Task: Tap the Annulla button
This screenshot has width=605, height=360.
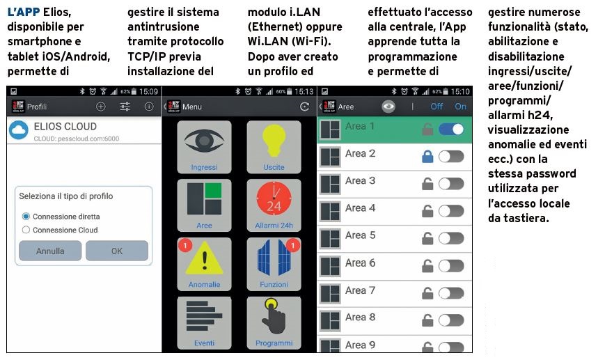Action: coord(50,251)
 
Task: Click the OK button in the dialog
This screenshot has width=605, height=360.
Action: coord(117,251)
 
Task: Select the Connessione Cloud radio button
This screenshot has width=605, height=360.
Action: coord(26,230)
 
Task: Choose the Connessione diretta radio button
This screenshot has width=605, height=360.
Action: coord(26,217)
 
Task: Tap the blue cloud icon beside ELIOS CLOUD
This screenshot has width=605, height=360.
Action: coord(19,130)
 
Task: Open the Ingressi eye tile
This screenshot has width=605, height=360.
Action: coord(204,147)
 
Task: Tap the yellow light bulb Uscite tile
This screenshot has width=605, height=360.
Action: coord(274,147)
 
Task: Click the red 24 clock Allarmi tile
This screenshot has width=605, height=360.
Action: coord(274,205)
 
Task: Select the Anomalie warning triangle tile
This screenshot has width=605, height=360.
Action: coord(204,264)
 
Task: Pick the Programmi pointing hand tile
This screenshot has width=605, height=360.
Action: coord(274,323)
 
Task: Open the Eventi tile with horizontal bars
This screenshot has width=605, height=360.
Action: coord(204,323)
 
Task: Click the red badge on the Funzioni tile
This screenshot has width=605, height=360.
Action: coord(293,245)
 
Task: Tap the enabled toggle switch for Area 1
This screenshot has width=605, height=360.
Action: coord(451,130)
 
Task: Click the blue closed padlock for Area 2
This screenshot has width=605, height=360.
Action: coord(427,156)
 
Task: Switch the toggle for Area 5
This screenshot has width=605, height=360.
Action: coord(451,238)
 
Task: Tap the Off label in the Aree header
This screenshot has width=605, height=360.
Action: coord(437,107)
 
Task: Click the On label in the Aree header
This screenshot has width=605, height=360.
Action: coord(460,107)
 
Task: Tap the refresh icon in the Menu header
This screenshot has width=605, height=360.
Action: coord(304,107)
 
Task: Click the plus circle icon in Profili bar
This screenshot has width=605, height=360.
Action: coord(101,107)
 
